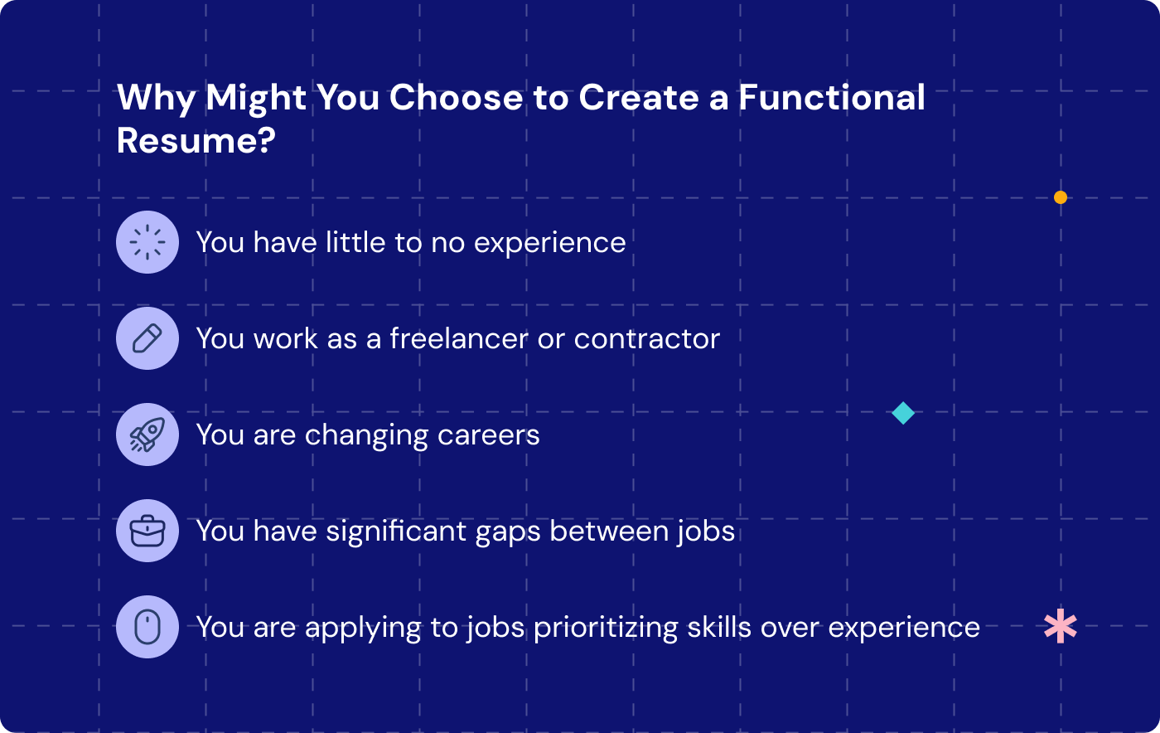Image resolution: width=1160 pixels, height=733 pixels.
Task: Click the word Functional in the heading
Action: (831, 98)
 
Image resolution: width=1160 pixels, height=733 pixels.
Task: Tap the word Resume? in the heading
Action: (196, 141)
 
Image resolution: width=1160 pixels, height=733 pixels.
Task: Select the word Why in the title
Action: (156, 98)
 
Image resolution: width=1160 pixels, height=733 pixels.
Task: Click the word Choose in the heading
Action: (456, 98)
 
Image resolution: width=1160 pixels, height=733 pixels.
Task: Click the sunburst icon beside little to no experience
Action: (147, 242)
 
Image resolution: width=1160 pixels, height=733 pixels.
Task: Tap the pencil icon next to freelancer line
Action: (147, 338)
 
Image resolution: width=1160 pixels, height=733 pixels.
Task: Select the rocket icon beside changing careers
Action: (147, 434)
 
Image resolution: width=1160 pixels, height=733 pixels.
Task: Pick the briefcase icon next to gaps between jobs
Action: (147, 531)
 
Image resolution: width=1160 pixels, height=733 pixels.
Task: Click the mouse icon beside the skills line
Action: (147, 627)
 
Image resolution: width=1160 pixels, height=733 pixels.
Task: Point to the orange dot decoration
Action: (1061, 197)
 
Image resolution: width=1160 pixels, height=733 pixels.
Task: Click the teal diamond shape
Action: (903, 413)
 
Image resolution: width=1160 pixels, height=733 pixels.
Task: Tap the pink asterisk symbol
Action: (1061, 626)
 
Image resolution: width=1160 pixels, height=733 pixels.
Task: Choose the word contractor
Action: (646, 338)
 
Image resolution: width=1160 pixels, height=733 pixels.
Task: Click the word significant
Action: (396, 531)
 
